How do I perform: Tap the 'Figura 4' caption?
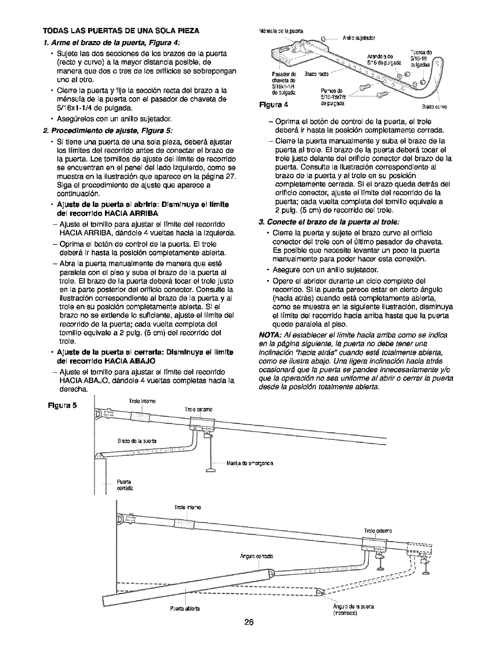click(x=276, y=104)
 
